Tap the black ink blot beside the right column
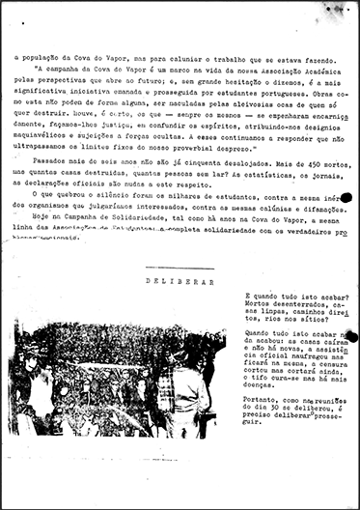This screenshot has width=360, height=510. point(351,337)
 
